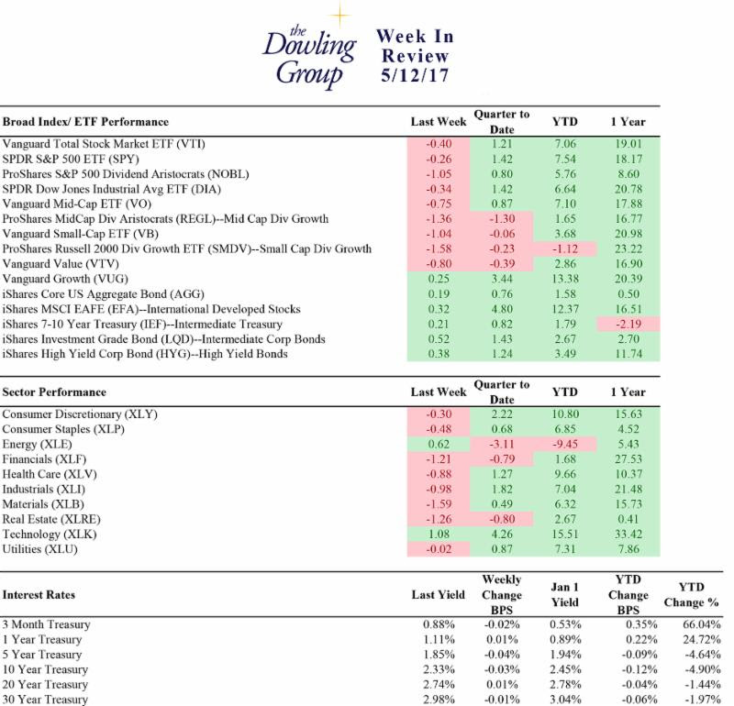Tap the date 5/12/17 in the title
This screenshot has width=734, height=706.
point(415,75)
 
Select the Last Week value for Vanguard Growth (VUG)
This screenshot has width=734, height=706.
point(439,279)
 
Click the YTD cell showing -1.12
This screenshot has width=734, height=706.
point(565,248)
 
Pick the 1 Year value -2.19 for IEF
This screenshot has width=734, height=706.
point(628,324)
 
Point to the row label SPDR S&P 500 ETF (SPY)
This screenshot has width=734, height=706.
point(71,159)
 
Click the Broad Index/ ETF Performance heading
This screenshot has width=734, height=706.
point(85,122)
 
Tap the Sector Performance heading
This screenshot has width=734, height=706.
point(54,392)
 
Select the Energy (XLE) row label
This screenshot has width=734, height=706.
point(37,445)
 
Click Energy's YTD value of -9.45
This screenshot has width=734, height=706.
point(565,444)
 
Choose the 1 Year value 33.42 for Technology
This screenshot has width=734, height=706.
point(628,534)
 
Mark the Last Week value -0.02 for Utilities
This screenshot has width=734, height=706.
point(439,549)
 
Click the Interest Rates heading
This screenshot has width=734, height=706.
point(39,595)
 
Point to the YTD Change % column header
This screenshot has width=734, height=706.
point(691,595)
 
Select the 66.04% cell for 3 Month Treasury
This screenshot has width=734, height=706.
point(701,624)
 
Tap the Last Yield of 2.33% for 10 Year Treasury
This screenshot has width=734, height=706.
point(439,669)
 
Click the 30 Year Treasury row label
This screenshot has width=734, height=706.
point(45,700)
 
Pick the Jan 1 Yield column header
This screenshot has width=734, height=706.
point(565,595)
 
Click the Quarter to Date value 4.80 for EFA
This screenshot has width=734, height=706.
point(502,309)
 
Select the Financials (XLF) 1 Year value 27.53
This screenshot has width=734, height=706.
point(628,459)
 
